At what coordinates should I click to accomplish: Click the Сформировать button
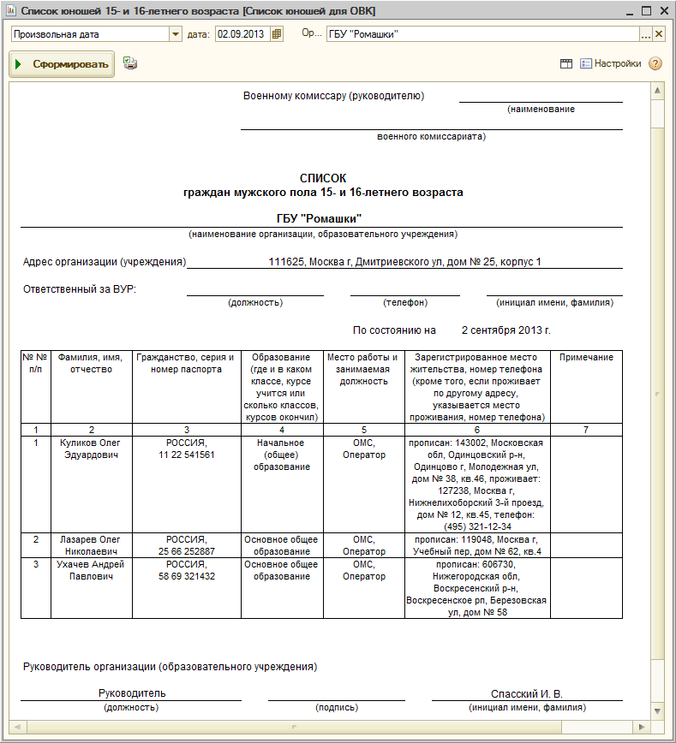pyautogui.click(x=62, y=64)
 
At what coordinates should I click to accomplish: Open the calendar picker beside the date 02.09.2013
pyautogui.click(x=277, y=34)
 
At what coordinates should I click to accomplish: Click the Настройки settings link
pyautogui.click(x=617, y=63)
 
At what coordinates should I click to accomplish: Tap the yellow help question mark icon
pyautogui.click(x=655, y=63)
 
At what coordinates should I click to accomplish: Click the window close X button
pyautogui.click(x=662, y=10)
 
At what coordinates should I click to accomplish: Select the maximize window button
pyautogui.click(x=645, y=10)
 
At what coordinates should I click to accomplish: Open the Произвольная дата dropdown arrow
pyautogui.click(x=176, y=34)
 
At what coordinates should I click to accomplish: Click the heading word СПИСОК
pyautogui.click(x=323, y=178)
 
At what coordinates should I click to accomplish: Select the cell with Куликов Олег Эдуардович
pyautogui.click(x=92, y=449)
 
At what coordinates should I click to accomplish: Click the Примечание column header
pyautogui.click(x=586, y=357)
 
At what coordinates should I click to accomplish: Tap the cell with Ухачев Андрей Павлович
pyautogui.click(x=92, y=570)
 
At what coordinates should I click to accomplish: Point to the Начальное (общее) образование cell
pyautogui.click(x=281, y=455)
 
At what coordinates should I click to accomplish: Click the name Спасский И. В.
pyautogui.click(x=526, y=693)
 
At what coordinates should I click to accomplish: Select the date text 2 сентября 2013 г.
pyautogui.click(x=506, y=330)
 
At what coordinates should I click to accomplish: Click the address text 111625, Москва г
pyautogui.click(x=404, y=261)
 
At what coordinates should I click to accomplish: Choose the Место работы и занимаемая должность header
pyautogui.click(x=363, y=369)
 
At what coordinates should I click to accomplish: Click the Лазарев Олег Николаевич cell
pyautogui.click(x=92, y=546)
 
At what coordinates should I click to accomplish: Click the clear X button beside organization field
pyautogui.click(x=659, y=34)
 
